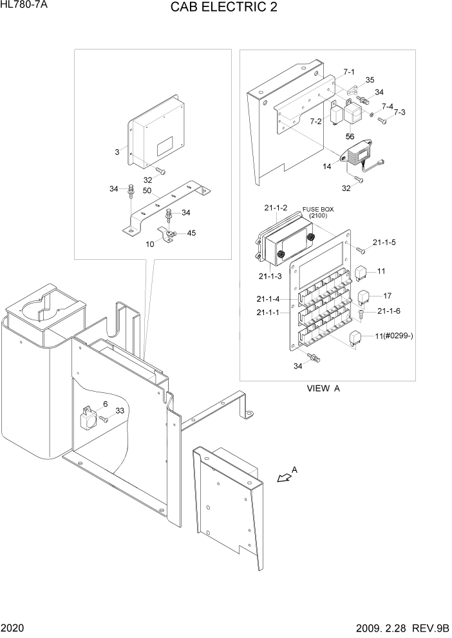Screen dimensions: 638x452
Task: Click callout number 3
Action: tap(117, 152)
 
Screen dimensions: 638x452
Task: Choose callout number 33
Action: tap(119, 411)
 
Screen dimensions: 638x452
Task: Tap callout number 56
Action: tap(350, 136)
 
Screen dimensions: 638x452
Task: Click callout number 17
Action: tap(388, 296)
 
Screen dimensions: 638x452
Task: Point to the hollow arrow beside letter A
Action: tap(282, 478)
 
